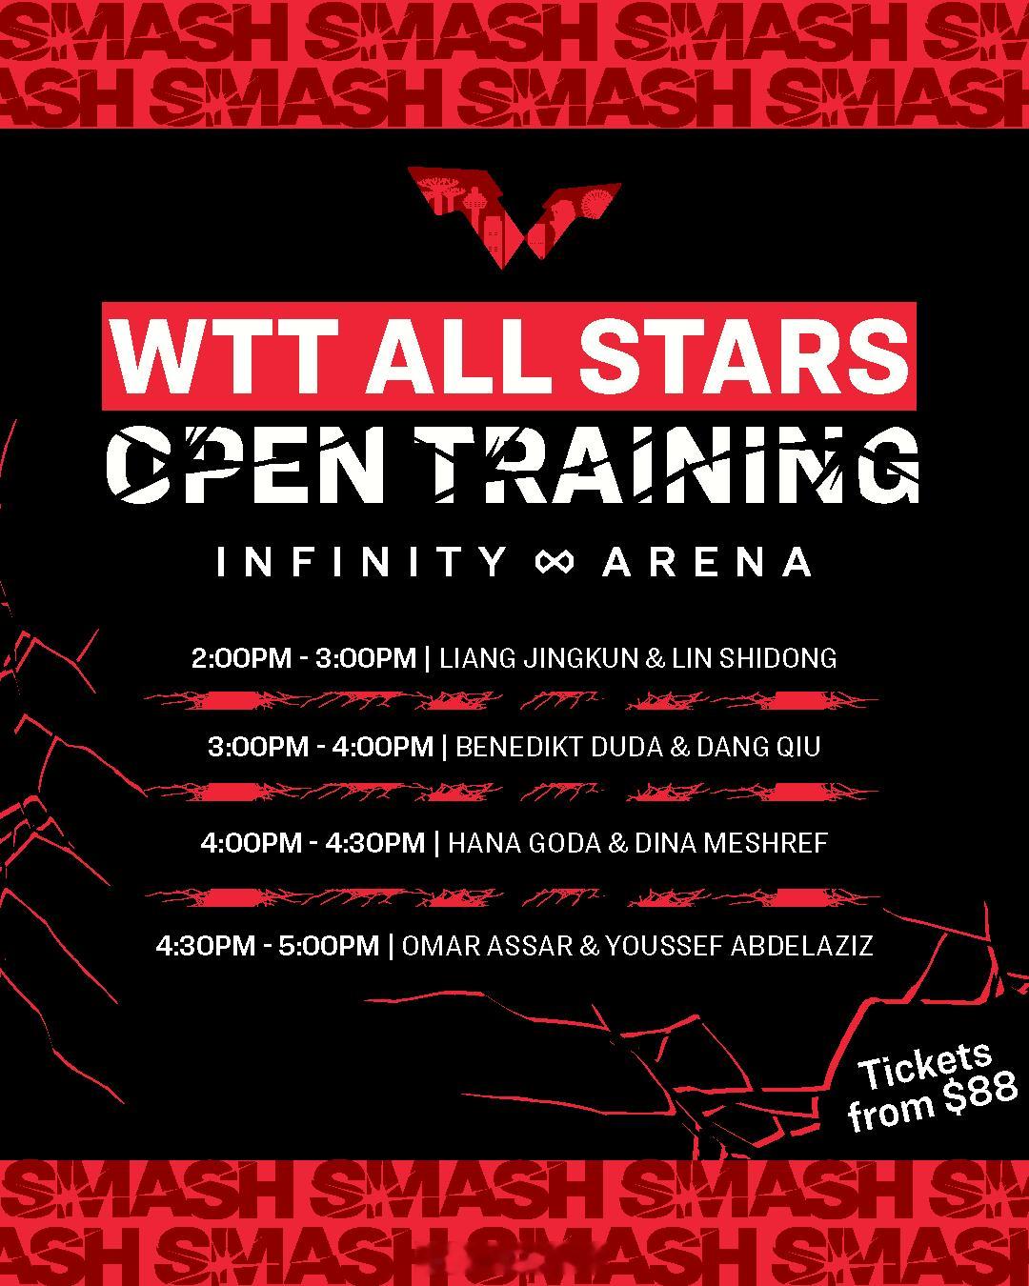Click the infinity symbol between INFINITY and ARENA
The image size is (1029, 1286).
click(x=555, y=562)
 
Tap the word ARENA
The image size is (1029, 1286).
click(x=707, y=562)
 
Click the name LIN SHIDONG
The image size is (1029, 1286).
click(x=754, y=658)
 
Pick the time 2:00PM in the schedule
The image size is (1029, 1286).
click(x=241, y=658)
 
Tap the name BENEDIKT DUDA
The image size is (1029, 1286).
click(x=559, y=747)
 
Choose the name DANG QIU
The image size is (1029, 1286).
click(x=758, y=747)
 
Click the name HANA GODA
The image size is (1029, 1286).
click(x=524, y=843)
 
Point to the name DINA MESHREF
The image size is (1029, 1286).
click(x=731, y=843)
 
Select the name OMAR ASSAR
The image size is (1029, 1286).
click(x=487, y=945)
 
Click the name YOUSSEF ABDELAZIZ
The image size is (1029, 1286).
click(x=739, y=945)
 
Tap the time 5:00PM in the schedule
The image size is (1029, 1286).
click(x=329, y=945)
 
